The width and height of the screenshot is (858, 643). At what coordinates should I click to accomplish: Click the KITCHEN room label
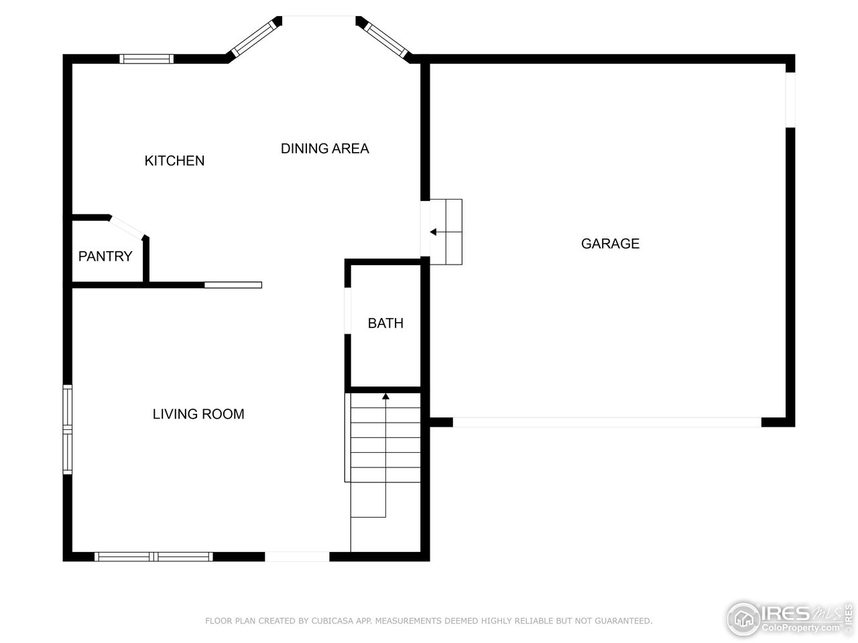point(174,161)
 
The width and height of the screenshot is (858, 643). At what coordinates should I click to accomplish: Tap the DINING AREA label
point(324,149)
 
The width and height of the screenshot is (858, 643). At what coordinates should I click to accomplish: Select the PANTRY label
point(105,257)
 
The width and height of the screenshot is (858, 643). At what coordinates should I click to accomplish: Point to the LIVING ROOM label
point(198,414)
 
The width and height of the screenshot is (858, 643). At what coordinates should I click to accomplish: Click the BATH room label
point(385,323)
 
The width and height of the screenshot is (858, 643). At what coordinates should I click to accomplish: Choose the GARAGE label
point(610,244)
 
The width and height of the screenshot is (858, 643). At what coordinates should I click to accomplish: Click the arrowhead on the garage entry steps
point(433,232)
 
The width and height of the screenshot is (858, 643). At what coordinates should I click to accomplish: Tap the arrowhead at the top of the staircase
point(385,397)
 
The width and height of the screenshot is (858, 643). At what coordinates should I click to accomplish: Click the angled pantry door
point(127,226)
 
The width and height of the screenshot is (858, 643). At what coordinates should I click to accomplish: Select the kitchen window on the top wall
point(146,59)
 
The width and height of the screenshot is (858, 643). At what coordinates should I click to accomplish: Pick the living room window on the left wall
point(68,429)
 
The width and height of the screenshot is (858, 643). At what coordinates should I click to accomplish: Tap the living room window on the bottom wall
point(154,556)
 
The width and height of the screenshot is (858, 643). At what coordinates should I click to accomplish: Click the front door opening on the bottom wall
point(297,556)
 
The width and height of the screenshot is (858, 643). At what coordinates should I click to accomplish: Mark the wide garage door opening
point(607,422)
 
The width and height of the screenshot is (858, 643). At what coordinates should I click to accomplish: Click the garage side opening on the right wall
point(790,99)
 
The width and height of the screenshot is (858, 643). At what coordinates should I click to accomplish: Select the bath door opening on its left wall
point(348,310)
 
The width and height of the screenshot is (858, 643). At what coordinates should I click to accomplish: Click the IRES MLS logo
point(788,617)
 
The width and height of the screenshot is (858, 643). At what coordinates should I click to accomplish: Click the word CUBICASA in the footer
point(330,621)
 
